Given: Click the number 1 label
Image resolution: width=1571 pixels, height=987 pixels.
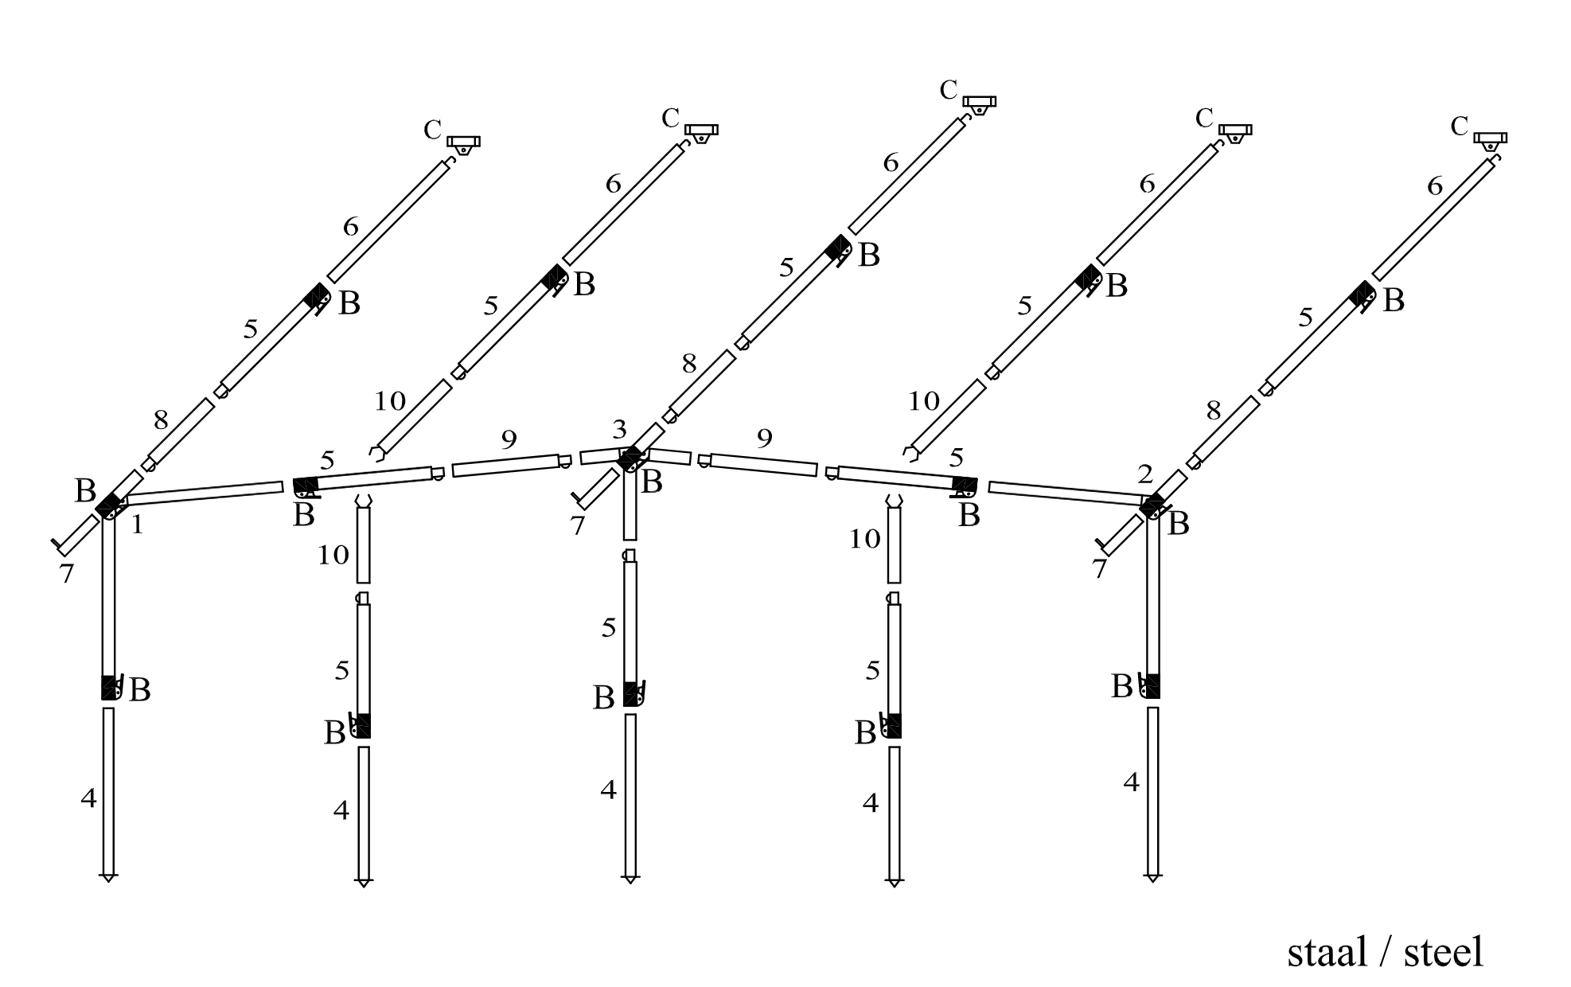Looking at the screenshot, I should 137,525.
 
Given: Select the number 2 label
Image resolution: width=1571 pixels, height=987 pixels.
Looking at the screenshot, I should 1145,474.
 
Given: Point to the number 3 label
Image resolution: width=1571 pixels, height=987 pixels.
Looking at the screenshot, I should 620,431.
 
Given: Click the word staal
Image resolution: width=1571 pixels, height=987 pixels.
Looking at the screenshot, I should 1327,952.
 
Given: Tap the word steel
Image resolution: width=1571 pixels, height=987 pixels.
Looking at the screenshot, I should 1444,952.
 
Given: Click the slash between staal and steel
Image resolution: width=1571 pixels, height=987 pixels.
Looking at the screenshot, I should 1386,952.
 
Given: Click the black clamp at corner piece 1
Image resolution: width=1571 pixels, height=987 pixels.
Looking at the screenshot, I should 108,504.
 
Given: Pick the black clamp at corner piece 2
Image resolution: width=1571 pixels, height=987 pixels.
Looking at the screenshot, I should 1152,505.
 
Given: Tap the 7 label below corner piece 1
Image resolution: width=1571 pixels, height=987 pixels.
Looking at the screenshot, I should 67,573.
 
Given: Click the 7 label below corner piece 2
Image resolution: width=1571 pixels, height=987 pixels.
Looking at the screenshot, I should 1100,569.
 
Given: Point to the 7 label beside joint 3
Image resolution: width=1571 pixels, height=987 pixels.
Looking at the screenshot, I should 578,526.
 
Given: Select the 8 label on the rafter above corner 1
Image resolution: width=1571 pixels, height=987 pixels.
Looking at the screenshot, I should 161,420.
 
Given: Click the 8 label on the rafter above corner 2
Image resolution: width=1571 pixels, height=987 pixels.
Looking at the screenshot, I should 1213,411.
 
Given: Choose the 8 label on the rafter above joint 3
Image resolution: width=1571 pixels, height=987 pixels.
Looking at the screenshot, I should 689,365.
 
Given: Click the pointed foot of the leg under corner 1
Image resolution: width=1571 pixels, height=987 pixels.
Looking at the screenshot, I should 109,877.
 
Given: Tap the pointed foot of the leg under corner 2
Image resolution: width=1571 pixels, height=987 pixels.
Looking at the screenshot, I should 1152,877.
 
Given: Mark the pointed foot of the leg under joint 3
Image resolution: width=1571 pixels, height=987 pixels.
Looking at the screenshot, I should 630,879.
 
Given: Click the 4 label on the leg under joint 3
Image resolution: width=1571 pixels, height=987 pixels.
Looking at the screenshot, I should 608,790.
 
